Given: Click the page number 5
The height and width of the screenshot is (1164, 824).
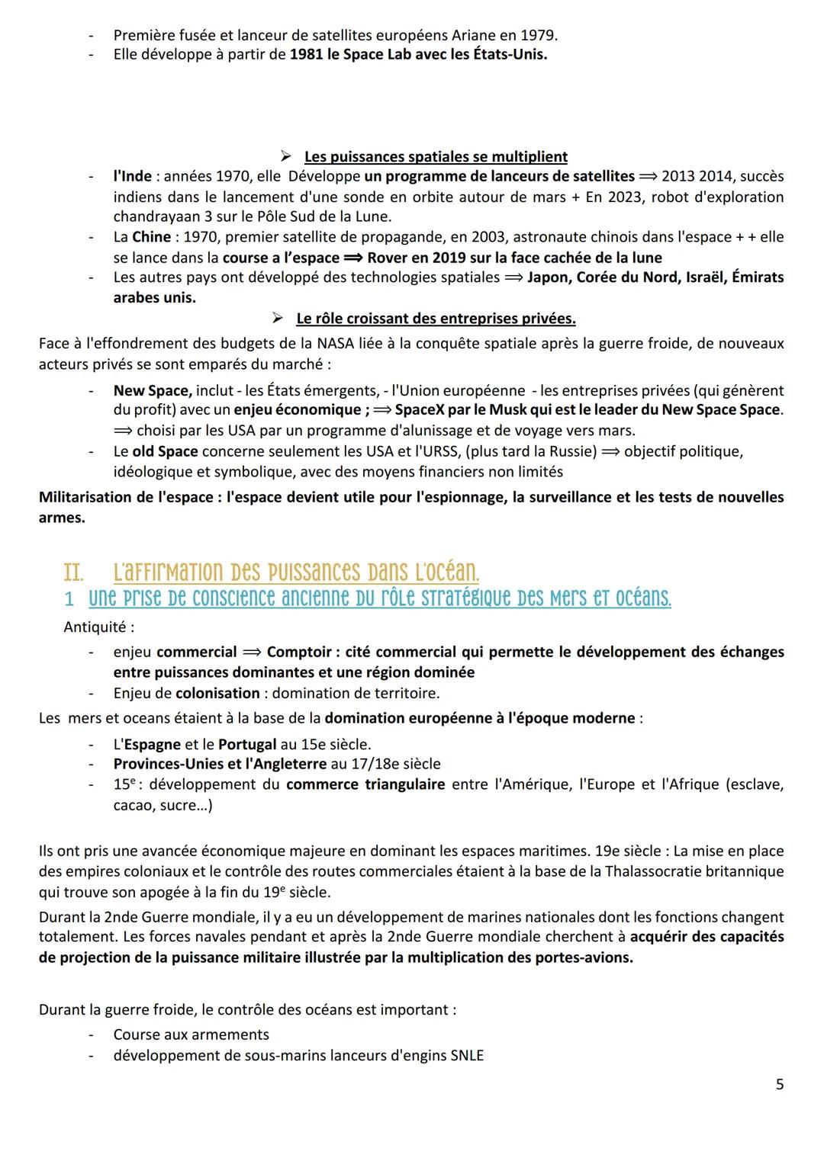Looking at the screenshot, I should tap(779, 1084).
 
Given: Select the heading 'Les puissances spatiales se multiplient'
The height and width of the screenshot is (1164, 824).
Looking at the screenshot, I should tap(436, 157).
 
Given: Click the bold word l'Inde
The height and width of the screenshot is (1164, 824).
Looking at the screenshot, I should tap(132, 176).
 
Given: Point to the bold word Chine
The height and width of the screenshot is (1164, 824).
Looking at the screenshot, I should tap(151, 237).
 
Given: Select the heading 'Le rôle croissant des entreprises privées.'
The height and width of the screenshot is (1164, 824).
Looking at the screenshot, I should tap(436, 318).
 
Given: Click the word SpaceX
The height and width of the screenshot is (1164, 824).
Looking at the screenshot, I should tap(421, 410).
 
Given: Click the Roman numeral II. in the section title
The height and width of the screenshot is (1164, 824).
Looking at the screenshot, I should tap(73, 572).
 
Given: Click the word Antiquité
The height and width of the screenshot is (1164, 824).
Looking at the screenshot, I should tap(98, 627).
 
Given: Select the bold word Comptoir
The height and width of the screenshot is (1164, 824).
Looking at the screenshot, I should tap(299, 653).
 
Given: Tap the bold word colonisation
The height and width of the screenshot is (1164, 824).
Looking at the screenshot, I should tap(217, 694).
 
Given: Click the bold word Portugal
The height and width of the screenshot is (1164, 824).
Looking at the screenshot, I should tap(247, 744).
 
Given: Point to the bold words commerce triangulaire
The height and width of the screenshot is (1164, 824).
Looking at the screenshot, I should tap(365, 784).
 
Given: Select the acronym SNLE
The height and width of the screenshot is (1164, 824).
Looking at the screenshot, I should tap(466, 1056).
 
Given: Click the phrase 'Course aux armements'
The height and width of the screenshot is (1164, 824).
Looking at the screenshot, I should tap(191, 1035).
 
